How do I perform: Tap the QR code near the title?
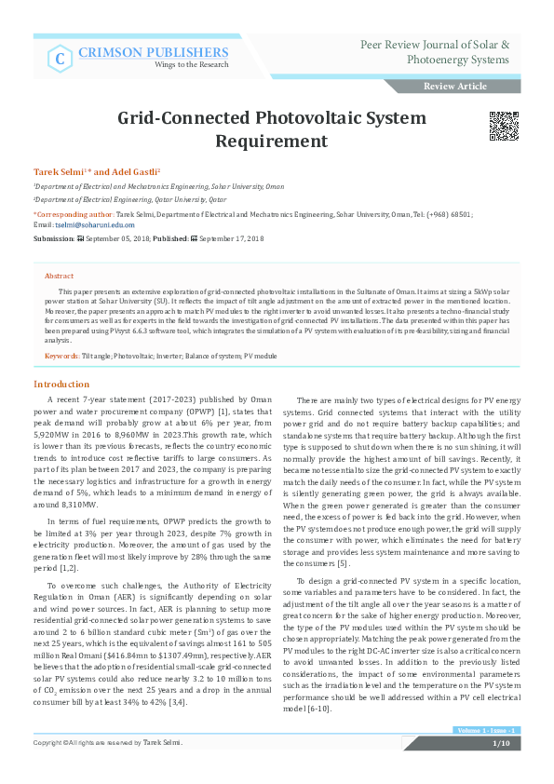coord(504,127)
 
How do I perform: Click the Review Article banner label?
coord(454,87)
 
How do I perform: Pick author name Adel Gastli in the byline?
coord(137,173)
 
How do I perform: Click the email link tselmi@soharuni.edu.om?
coord(95,224)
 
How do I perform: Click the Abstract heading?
coord(59,277)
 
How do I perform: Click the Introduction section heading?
coord(61,384)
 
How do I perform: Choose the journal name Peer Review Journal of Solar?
coord(434,45)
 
